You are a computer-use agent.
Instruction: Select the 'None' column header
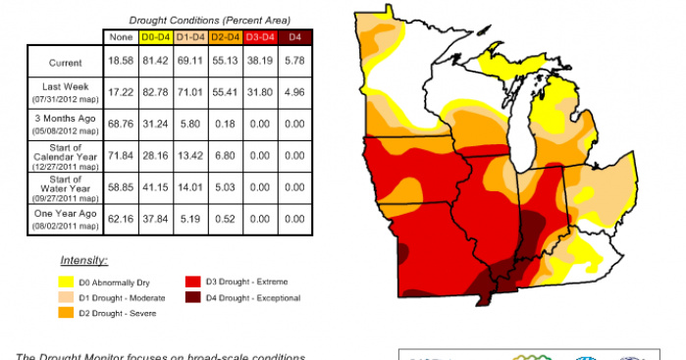point(121,37)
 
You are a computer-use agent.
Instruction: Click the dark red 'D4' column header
point(292,37)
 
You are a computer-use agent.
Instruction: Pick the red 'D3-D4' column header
point(258,37)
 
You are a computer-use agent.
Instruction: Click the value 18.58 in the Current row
point(121,63)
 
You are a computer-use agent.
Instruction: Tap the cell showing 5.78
point(292,63)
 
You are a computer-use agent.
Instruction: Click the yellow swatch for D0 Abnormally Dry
point(66,280)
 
